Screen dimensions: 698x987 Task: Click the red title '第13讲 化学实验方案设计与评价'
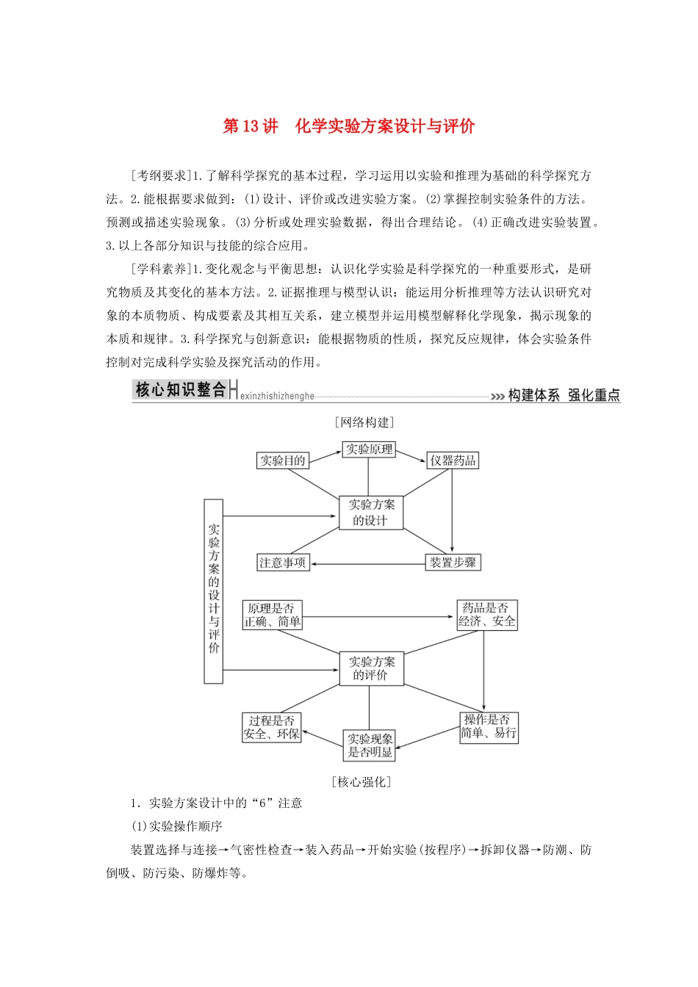(x=349, y=126)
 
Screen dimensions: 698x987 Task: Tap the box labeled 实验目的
(x=282, y=460)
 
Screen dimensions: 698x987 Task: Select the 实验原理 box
(x=369, y=449)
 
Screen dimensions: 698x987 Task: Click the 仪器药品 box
(x=453, y=460)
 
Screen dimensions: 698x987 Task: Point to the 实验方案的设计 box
(x=371, y=513)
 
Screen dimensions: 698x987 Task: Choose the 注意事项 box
(x=282, y=563)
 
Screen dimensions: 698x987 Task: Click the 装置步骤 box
(x=453, y=563)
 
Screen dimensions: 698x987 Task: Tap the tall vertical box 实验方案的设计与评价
(x=213, y=591)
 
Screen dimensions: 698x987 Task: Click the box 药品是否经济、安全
(x=486, y=615)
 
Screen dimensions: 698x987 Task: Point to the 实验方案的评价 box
(x=371, y=669)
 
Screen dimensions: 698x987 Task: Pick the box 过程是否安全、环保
(x=272, y=727)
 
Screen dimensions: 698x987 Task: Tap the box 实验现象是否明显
(x=370, y=745)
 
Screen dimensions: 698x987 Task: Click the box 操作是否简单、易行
(x=489, y=727)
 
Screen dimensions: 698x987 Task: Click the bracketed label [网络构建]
(x=364, y=422)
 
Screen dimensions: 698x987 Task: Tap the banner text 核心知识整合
(x=181, y=390)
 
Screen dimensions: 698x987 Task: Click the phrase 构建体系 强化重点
(x=564, y=395)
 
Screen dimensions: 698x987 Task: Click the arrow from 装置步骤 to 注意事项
(x=367, y=564)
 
